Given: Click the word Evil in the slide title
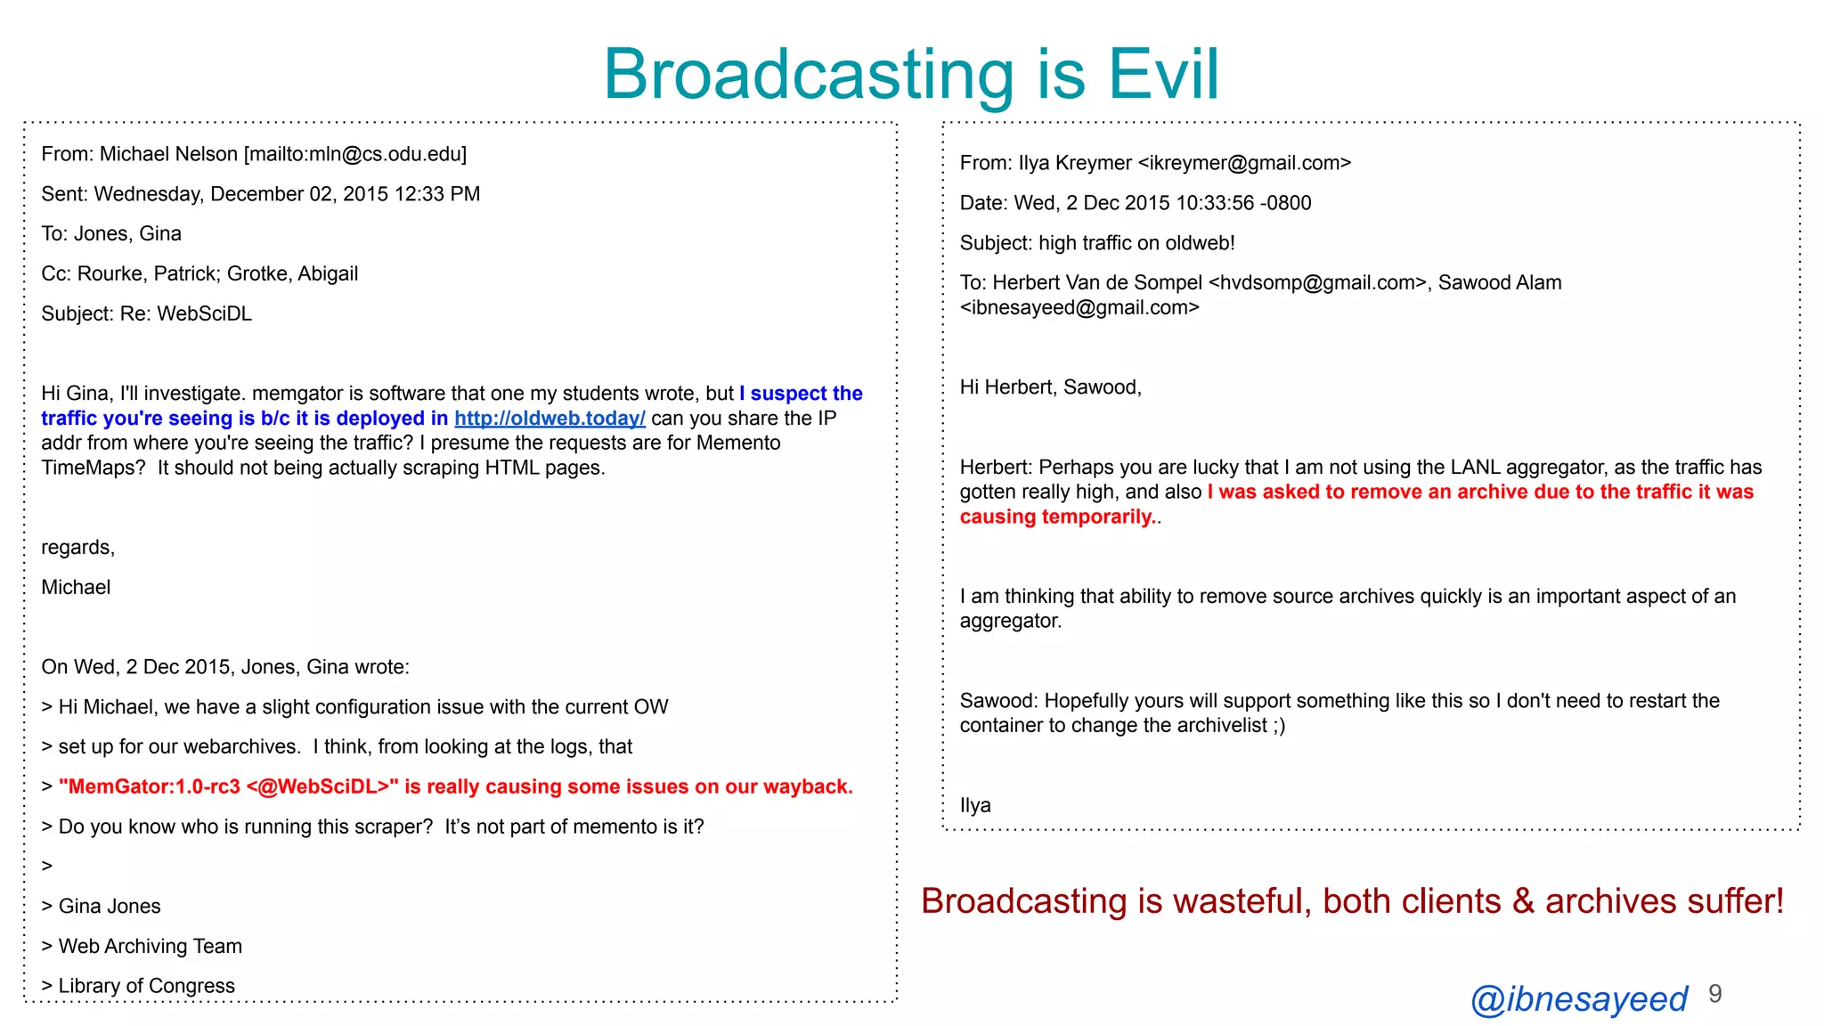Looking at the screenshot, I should point(1163,74).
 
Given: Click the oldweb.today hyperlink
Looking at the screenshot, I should point(550,419).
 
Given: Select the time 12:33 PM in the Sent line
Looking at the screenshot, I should point(436,194).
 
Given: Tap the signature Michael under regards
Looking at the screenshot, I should point(76,587).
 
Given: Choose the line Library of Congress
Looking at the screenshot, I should point(146,986).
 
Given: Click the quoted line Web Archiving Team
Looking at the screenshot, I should point(150,946).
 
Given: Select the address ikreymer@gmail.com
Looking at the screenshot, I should point(1244,163).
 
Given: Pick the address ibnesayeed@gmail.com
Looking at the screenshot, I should point(1079,308).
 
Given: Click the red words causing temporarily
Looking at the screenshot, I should point(1056,517).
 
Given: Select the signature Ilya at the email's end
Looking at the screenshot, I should point(975,805).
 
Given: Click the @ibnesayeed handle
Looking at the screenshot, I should point(1578,999).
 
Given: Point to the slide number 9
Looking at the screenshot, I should point(1715,994).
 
